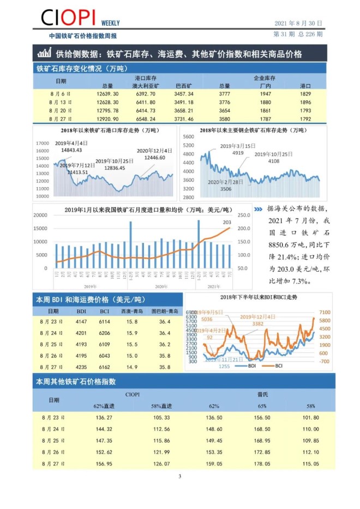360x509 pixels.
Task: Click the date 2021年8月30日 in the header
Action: click(297, 23)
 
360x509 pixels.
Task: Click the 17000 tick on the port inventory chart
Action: click(42, 143)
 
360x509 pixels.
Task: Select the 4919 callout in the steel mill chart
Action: click(238, 153)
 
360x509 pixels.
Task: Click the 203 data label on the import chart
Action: click(227, 222)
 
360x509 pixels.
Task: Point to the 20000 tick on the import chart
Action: click(41, 215)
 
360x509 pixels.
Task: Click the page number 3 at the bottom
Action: click(179, 476)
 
